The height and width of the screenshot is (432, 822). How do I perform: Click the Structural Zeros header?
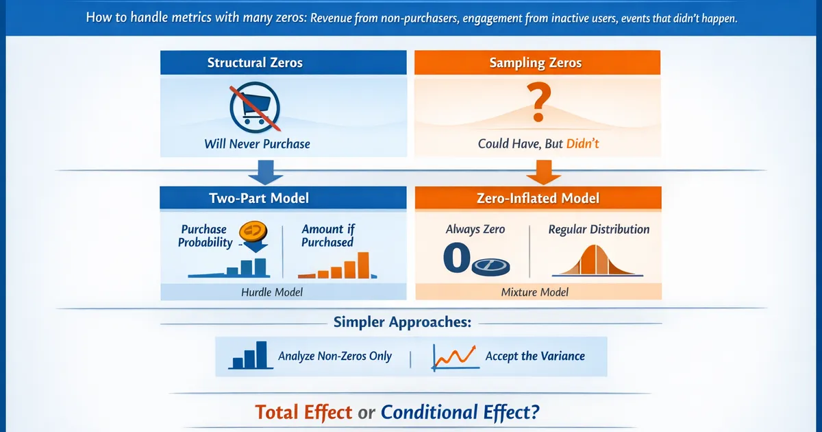point(255,62)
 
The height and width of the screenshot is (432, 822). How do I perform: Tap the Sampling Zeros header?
point(536,62)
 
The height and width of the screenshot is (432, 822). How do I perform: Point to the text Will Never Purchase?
point(257,144)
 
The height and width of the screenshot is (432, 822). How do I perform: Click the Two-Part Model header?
point(259,198)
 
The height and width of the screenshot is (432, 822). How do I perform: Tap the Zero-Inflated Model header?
point(539,198)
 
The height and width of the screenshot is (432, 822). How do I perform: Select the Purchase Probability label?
point(204,236)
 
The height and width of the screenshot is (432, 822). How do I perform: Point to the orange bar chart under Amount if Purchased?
point(340,266)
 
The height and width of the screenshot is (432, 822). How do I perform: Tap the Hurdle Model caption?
point(271,292)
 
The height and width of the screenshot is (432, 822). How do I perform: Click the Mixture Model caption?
point(535,292)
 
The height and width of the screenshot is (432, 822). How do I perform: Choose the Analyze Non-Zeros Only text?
point(335,356)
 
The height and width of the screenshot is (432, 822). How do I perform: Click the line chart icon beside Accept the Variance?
point(453,356)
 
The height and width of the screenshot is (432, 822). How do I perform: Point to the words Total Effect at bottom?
point(303,412)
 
